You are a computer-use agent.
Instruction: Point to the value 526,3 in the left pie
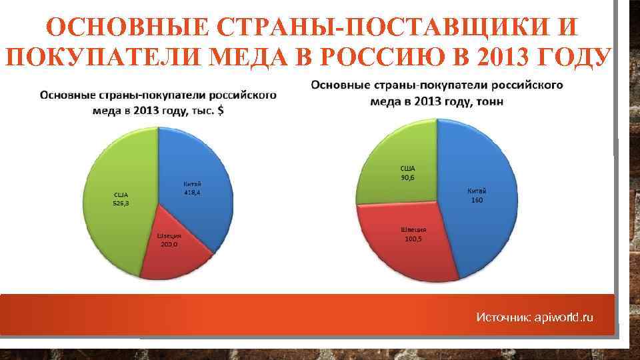(121, 205)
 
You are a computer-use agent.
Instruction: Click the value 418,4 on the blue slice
(193, 193)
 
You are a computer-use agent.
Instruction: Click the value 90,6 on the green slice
(407, 177)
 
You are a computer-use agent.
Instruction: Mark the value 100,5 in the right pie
(413, 238)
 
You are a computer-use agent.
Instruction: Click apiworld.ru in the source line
(564, 318)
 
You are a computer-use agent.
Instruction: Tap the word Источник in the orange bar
(503, 318)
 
